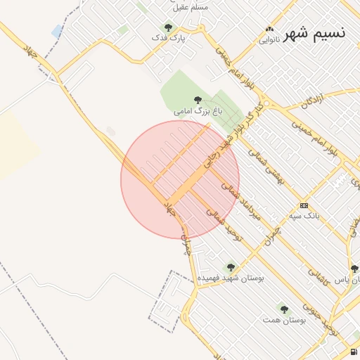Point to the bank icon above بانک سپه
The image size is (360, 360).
[304, 205]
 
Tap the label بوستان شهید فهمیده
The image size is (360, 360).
[230, 278]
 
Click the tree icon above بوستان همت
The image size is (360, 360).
[284, 309]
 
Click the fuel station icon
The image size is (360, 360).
[352, 352]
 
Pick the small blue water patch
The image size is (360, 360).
[57, 31]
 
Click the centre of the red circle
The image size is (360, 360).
[180, 179]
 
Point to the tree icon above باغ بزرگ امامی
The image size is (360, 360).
[197, 100]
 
